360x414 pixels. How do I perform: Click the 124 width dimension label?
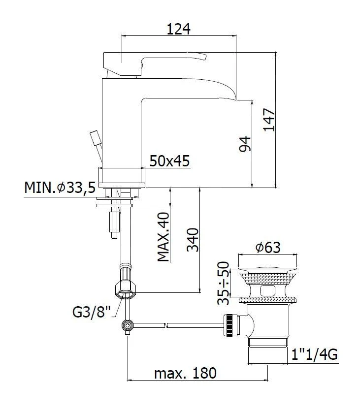(x=179, y=29)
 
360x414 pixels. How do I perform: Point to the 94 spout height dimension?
(x=245, y=144)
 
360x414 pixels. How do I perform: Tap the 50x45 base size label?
(x=169, y=161)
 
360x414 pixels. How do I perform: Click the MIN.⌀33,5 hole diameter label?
(x=59, y=188)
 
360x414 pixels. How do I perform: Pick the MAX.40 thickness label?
(x=164, y=237)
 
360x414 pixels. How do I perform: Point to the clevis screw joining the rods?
(x=128, y=325)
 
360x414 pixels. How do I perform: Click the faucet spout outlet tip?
(x=244, y=97)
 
